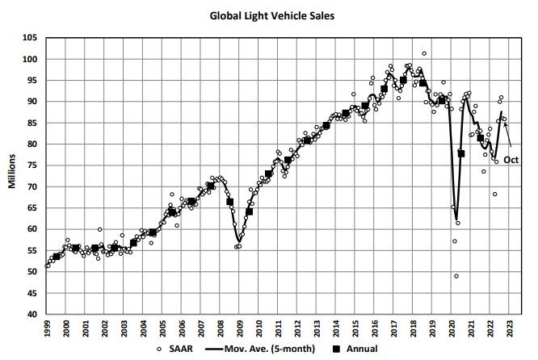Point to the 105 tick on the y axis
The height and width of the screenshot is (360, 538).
tap(30, 38)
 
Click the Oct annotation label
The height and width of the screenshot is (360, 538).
tap(511, 160)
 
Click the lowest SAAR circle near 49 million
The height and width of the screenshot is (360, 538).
tap(456, 276)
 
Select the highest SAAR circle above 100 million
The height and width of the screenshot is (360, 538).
tap(424, 53)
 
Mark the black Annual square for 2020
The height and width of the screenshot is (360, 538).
tap(461, 153)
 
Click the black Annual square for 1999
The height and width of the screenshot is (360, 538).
tap(57, 257)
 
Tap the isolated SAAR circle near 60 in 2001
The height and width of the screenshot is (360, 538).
tap(99, 229)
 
